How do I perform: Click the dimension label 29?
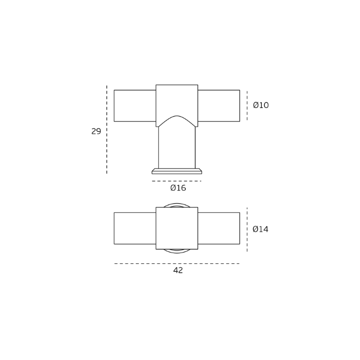pos(96,131)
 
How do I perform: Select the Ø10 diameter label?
pos(261,105)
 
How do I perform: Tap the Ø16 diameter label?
pos(178,188)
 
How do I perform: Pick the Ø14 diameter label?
pos(260,229)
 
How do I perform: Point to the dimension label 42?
pos(178,271)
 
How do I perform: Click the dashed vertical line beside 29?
pos(107,130)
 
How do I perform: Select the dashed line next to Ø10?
pos(247,105)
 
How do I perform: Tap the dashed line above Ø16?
pos(176,181)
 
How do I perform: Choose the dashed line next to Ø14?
pos(247,229)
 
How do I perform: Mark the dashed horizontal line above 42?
pos(177,263)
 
